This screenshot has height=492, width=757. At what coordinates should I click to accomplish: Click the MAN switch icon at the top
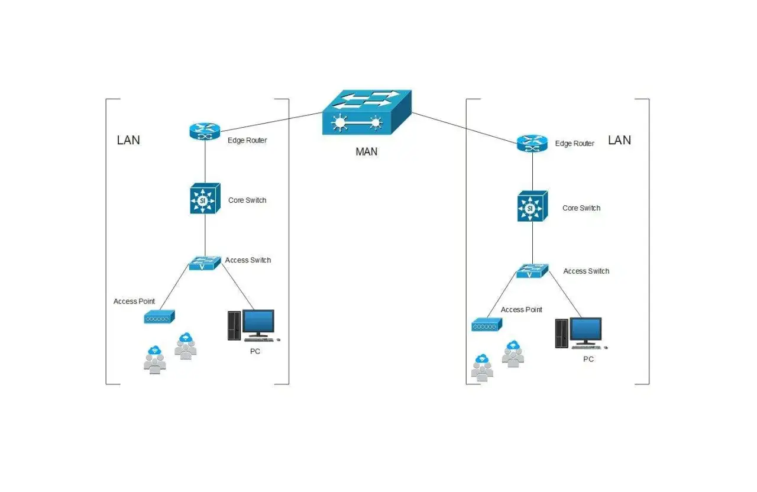point(367,112)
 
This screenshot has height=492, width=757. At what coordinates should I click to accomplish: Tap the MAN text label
point(366,152)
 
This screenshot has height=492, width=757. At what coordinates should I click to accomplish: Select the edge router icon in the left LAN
point(205,131)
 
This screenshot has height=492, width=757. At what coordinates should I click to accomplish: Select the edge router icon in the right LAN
point(532,143)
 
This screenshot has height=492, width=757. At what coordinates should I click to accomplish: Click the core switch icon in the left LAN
point(205,198)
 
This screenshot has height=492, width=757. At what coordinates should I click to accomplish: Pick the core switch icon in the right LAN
point(533,206)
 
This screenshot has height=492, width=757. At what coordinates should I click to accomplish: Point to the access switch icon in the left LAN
point(205,263)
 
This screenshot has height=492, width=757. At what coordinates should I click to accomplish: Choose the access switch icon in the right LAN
point(532,271)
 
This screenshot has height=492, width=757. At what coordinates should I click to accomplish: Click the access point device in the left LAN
point(160,317)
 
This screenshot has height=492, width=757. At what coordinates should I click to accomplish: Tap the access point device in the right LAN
point(487,325)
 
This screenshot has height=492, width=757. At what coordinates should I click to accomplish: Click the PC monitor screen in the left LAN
point(258,321)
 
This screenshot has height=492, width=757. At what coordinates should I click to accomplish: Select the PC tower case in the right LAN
point(562,334)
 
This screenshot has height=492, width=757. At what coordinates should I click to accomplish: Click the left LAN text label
point(128,140)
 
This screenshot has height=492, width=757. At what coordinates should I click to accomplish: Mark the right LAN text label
point(619,140)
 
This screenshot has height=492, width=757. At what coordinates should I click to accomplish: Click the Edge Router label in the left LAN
point(247,140)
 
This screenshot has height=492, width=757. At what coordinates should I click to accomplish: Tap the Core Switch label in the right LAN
point(581,208)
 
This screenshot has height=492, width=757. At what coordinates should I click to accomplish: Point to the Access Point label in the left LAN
point(134,302)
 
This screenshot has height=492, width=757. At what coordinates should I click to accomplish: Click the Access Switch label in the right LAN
point(586,271)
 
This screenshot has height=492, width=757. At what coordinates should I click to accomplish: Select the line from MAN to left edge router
point(271,122)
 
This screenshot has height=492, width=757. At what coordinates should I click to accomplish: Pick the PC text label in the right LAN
point(588,359)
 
